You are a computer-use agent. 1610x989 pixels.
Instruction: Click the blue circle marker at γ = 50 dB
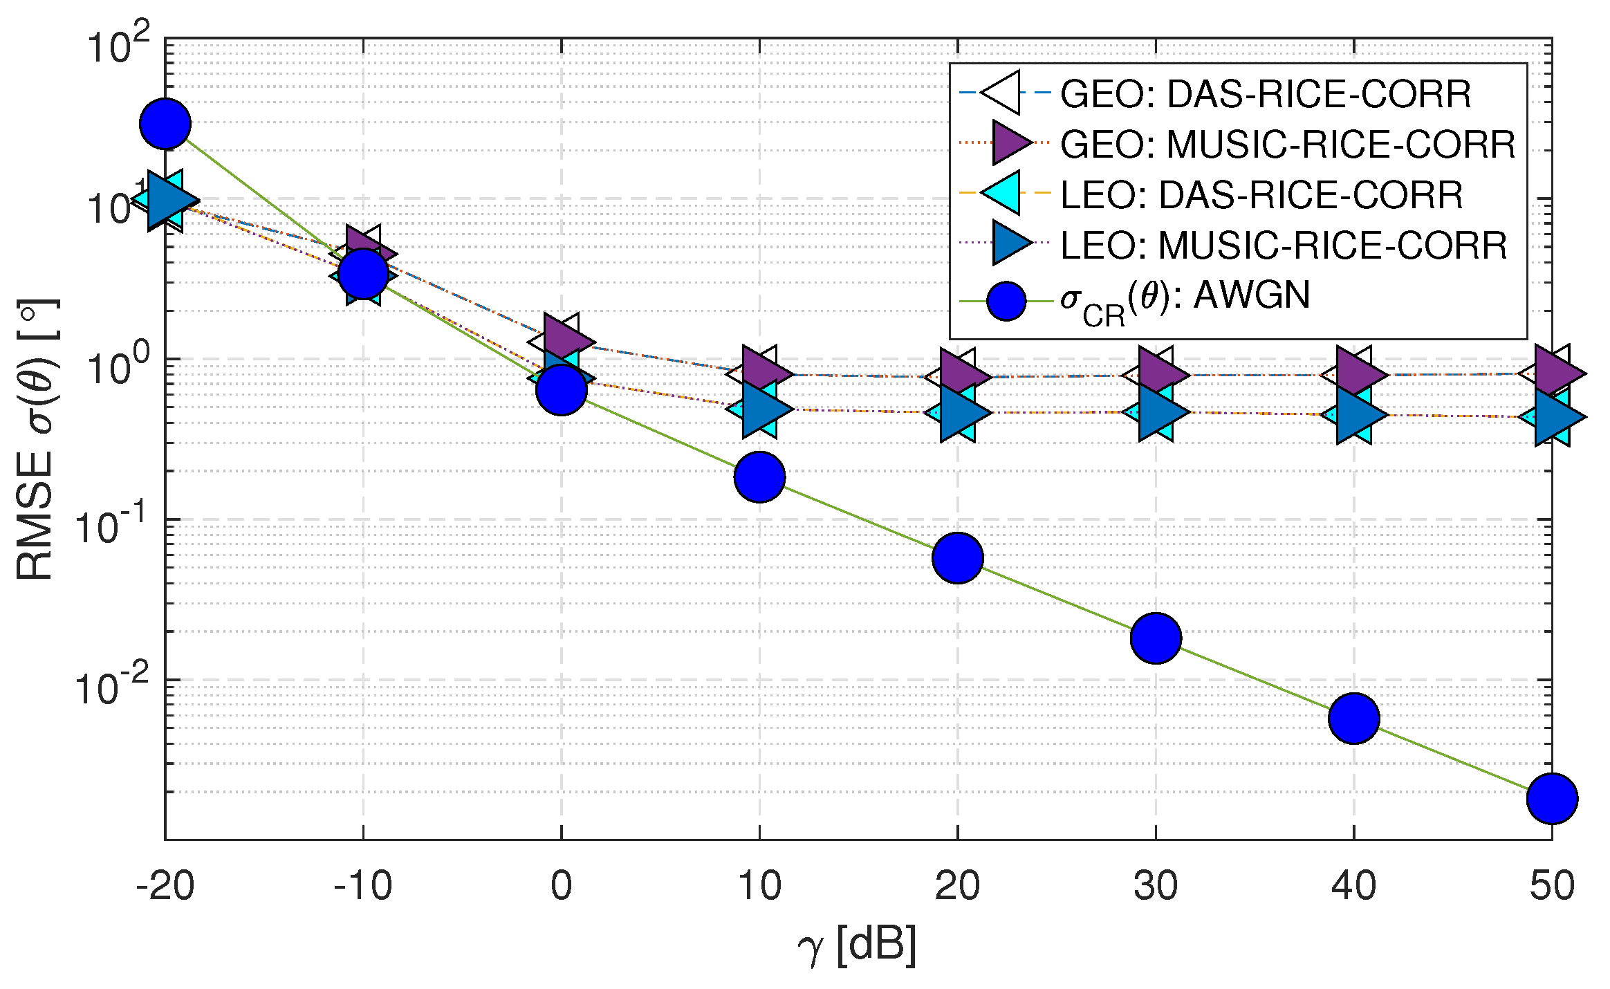1552,799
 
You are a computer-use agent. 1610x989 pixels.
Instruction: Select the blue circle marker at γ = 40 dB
1353,719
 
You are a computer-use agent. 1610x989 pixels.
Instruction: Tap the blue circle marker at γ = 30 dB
1156,638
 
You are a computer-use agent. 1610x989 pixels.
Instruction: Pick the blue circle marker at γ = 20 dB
957,557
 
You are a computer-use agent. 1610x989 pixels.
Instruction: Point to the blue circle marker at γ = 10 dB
759,477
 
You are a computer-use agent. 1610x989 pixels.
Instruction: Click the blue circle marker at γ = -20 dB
165,124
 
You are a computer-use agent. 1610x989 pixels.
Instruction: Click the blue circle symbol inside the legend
1006,301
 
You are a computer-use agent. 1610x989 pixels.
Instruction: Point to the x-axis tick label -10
363,886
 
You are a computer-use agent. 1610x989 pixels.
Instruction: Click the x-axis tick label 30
1156,886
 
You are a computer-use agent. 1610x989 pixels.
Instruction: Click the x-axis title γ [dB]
858,945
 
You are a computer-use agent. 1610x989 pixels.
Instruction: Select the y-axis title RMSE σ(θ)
36,439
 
